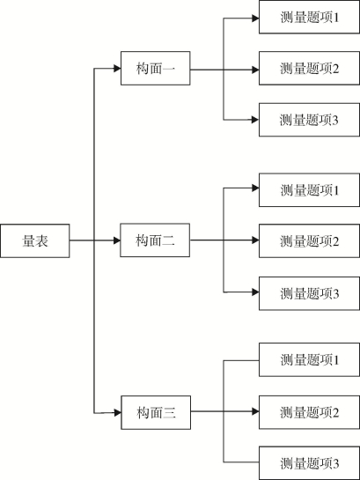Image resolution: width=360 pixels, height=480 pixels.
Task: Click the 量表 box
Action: click(x=35, y=241)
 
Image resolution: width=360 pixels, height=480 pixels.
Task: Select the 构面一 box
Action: click(x=156, y=69)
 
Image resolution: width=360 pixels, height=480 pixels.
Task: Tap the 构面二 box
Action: click(x=155, y=240)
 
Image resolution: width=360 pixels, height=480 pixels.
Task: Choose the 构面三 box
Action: click(x=156, y=413)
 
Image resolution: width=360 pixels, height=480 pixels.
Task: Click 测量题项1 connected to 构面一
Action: click(x=309, y=17)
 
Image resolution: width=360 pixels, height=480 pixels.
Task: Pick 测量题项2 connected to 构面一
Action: click(x=309, y=69)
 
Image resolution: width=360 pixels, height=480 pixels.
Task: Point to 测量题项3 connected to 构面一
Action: click(x=309, y=120)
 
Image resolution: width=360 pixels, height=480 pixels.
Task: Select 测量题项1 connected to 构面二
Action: click(x=309, y=190)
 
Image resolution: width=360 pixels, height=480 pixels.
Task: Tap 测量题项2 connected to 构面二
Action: click(x=309, y=241)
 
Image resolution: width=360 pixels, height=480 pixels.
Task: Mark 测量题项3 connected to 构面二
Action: click(x=309, y=293)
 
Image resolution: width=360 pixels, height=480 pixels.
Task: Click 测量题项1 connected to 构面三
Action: click(x=309, y=359)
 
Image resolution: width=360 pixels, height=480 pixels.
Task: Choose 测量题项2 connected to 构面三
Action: click(x=309, y=412)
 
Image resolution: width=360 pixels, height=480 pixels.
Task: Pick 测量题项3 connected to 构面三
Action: click(x=309, y=463)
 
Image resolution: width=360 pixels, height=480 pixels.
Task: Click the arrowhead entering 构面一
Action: click(x=117, y=69)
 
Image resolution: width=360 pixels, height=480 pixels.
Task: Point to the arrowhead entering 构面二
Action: click(x=117, y=240)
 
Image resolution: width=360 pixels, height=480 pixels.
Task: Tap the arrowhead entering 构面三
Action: click(x=117, y=413)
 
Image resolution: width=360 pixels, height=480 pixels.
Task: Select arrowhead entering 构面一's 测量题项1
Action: click(x=255, y=18)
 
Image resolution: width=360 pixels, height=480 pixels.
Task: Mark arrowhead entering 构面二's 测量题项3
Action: click(x=255, y=292)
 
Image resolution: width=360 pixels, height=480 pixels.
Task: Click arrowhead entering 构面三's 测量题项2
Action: click(x=255, y=411)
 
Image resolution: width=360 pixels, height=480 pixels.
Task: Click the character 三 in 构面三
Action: click(x=170, y=413)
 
